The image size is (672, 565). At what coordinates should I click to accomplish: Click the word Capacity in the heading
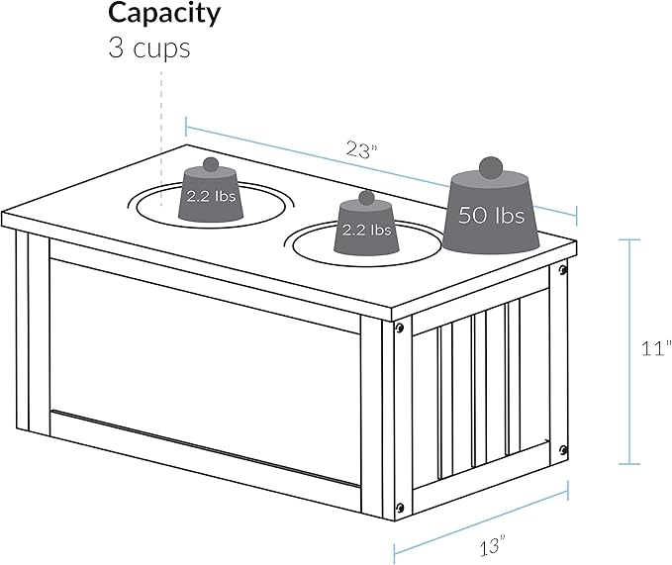pos(164,15)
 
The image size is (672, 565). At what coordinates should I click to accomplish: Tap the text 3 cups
pos(149,47)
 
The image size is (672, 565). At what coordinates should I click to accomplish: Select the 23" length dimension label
pos(361,150)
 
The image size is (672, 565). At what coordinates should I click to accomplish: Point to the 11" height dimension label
pos(656,348)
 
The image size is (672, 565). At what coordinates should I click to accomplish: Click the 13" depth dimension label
pos(493,545)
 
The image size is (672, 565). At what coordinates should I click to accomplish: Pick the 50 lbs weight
pos(491,206)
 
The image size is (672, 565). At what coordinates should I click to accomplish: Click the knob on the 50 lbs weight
pos(491,167)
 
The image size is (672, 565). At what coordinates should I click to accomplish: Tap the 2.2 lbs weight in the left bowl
pos(211,190)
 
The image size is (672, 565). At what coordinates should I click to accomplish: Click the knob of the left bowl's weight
pos(211,164)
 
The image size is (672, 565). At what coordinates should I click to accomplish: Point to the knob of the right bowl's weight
pos(366,198)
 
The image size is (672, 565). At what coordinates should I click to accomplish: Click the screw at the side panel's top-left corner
pos(400,329)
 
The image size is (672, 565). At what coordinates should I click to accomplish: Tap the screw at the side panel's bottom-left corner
pos(400,508)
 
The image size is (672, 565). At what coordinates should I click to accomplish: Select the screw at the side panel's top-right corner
pos(563,270)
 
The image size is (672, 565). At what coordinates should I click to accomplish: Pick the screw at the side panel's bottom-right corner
pos(563,450)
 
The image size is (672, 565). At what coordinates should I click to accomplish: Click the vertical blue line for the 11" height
pos(629,351)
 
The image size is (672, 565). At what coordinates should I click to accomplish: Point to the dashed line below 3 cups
pos(161,139)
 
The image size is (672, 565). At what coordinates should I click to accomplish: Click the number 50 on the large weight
pos(473,215)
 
